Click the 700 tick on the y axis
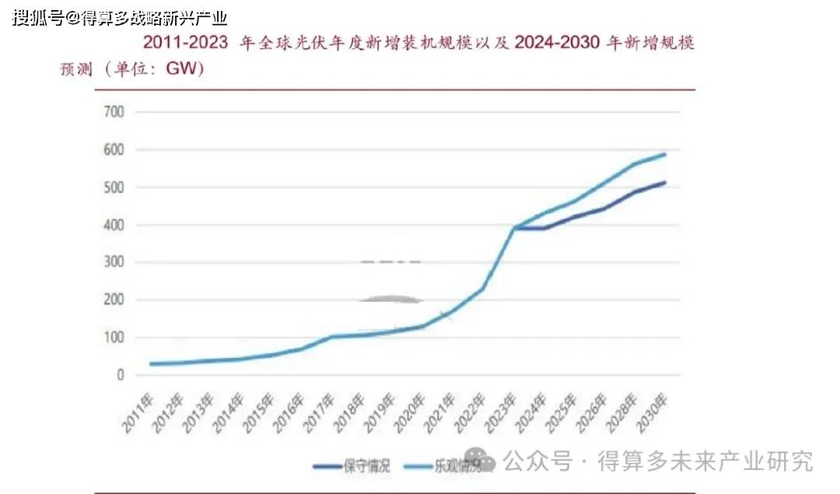pos(113,112)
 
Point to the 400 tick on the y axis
pos(113,226)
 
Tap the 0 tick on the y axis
pos(119,376)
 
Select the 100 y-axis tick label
pos(113,338)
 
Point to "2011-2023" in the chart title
pos(185,43)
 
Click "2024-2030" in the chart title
pos(557,43)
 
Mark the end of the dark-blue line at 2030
pos(665,183)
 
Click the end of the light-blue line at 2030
pos(665,154)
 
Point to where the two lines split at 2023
pos(514,228)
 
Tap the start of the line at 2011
pos(150,364)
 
